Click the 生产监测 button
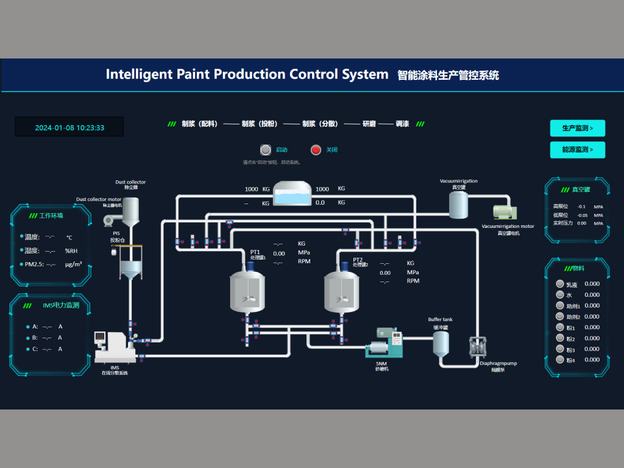[x=577, y=128]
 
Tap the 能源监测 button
[x=577, y=150]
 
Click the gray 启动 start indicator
[x=265, y=150]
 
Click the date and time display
[x=69, y=127]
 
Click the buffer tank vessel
[x=441, y=344]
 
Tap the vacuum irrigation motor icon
[x=505, y=211]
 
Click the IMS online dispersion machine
[x=115, y=347]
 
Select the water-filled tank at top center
[x=292, y=194]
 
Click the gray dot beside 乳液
[x=560, y=283]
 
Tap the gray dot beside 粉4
[x=560, y=360]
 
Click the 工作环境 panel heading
[x=51, y=216]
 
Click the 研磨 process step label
[x=369, y=124]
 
